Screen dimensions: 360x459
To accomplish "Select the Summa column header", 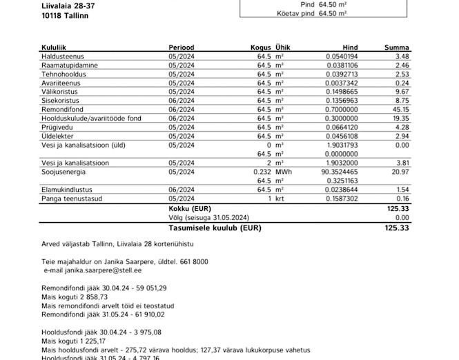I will pyautogui.click(x=396, y=48).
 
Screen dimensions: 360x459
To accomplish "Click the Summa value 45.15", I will pyautogui.click(x=400, y=109).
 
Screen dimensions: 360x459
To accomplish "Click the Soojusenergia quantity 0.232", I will pyautogui.click(x=261, y=172).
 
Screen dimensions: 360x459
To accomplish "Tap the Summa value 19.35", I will pyautogui.click(x=400, y=118).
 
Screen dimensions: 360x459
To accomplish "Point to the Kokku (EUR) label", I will pyautogui.click(x=189, y=208).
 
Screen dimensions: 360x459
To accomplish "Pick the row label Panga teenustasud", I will pyautogui.click(x=71, y=199).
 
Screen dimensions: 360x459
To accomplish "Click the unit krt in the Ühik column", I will pyautogui.click(x=280, y=199).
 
